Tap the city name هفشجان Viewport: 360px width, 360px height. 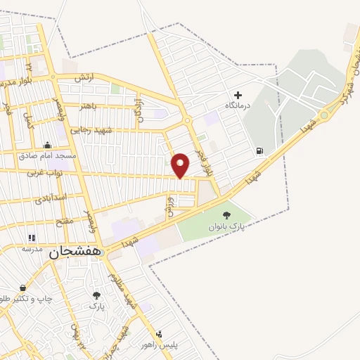(x=73, y=254)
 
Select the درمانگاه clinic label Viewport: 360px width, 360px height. (x=238, y=105)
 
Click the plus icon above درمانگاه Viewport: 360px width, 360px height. (x=238, y=94)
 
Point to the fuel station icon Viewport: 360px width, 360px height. (x=260, y=150)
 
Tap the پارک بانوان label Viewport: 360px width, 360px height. (x=226, y=227)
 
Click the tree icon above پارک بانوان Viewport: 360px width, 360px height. (x=226, y=216)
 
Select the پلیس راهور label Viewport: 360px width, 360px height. (x=174, y=345)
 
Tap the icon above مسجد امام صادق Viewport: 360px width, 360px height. (x=48, y=143)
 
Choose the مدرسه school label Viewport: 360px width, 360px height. (x=32, y=249)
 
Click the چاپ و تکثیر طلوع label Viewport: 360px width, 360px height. (x=27, y=298)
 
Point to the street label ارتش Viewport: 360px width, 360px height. (x=83, y=78)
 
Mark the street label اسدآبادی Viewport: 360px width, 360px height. (x=51, y=198)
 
